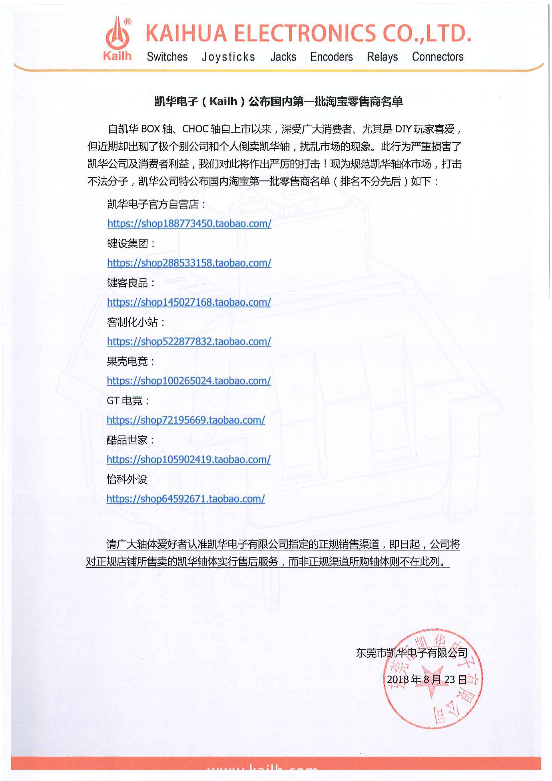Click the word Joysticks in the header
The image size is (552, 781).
tap(228, 57)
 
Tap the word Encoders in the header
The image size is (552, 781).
tap(331, 57)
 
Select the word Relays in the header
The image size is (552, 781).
tap(382, 57)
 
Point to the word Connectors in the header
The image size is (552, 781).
tap(437, 57)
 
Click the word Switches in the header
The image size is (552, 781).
tap(167, 57)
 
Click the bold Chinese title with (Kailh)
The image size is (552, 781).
tap(278, 101)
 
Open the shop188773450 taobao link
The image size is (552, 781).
tap(189, 223)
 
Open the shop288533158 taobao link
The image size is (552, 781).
tap(189, 263)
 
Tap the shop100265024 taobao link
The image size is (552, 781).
tap(189, 381)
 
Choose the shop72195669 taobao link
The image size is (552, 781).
tap(186, 420)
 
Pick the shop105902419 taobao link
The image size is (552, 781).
tap(188, 460)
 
